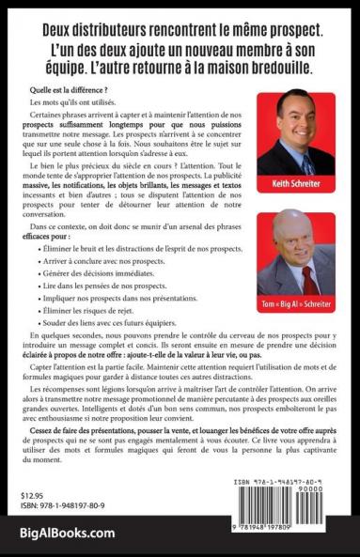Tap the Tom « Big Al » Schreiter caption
point(296,304)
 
